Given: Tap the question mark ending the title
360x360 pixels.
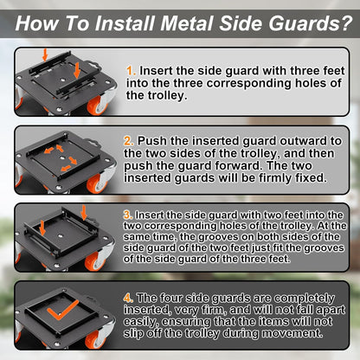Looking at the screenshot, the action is coord(346,23).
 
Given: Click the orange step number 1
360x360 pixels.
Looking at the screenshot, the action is coord(131,71).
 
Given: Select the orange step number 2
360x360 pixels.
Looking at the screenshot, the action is coord(129,141).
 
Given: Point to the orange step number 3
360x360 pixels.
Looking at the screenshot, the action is coord(128,215).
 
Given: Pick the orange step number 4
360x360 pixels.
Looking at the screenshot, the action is coord(128,298).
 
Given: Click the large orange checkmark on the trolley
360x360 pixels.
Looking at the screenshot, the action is coord(62,310).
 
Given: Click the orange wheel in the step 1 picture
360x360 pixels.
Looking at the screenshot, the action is coord(98,105).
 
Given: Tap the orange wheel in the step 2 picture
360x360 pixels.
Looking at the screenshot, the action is coord(97,183).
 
